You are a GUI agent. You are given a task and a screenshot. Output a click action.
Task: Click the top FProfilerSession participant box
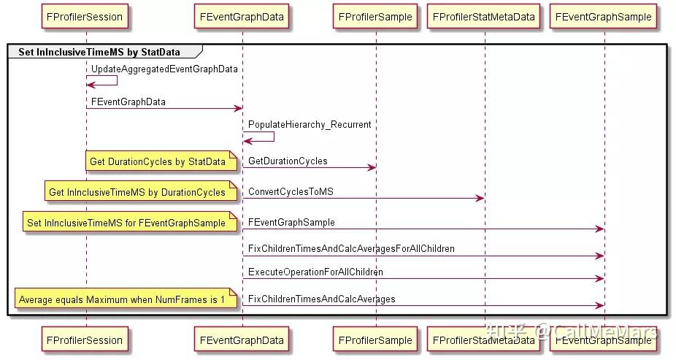pyautogui.click(x=85, y=16)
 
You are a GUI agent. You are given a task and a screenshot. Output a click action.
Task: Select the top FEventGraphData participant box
pyautogui.click(x=242, y=16)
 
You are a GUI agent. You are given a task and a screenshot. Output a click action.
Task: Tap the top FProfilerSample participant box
pyautogui.click(x=375, y=16)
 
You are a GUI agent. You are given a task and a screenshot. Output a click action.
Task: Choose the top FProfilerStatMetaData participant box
pyautogui.click(x=483, y=16)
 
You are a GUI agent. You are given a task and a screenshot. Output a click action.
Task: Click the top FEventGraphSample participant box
pyautogui.click(x=603, y=16)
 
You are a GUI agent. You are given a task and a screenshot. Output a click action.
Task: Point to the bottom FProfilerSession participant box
pyautogui.click(x=85, y=340)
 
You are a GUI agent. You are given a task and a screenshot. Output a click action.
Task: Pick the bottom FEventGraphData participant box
pyautogui.click(x=242, y=340)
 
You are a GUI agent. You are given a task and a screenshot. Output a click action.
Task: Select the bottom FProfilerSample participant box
pyautogui.click(x=375, y=340)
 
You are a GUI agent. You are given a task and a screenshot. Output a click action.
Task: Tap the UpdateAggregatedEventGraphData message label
pyautogui.click(x=164, y=69)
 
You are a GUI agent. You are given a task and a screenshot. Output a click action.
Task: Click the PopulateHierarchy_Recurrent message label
pyautogui.click(x=310, y=125)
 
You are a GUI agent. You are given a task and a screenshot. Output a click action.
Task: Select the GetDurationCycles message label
pyautogui.click(x=288, y=161)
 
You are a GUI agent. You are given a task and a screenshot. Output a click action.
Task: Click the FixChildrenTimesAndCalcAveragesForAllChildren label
pyautogui.click(x=351, y=249)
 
